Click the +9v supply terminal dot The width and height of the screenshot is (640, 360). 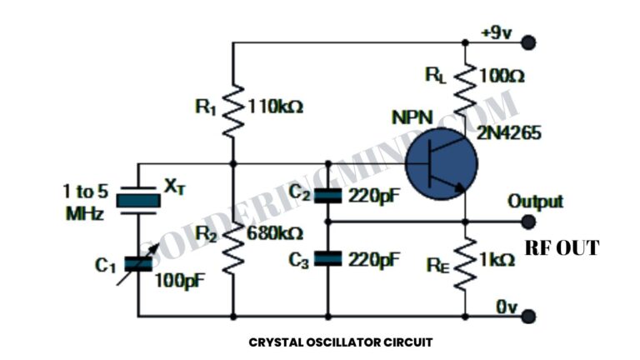pyautogui.click(x=527, y=42)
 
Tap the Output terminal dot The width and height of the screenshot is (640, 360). pyautogui.click(x=527, y=222)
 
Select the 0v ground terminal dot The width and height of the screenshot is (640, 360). pyautogui.click(x=527, y=317)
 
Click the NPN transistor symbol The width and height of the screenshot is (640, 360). pyautogui.click(x=442, y=163)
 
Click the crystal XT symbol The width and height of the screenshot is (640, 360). pyautogui.click(x=137, y=199)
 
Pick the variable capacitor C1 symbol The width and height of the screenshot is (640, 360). pyautogui.click(x=137, y=264)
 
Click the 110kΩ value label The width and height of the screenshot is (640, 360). pyautogui.click(x=275, y=107)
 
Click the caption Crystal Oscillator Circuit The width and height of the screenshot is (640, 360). pyautogui.click(x=341, y=342)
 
